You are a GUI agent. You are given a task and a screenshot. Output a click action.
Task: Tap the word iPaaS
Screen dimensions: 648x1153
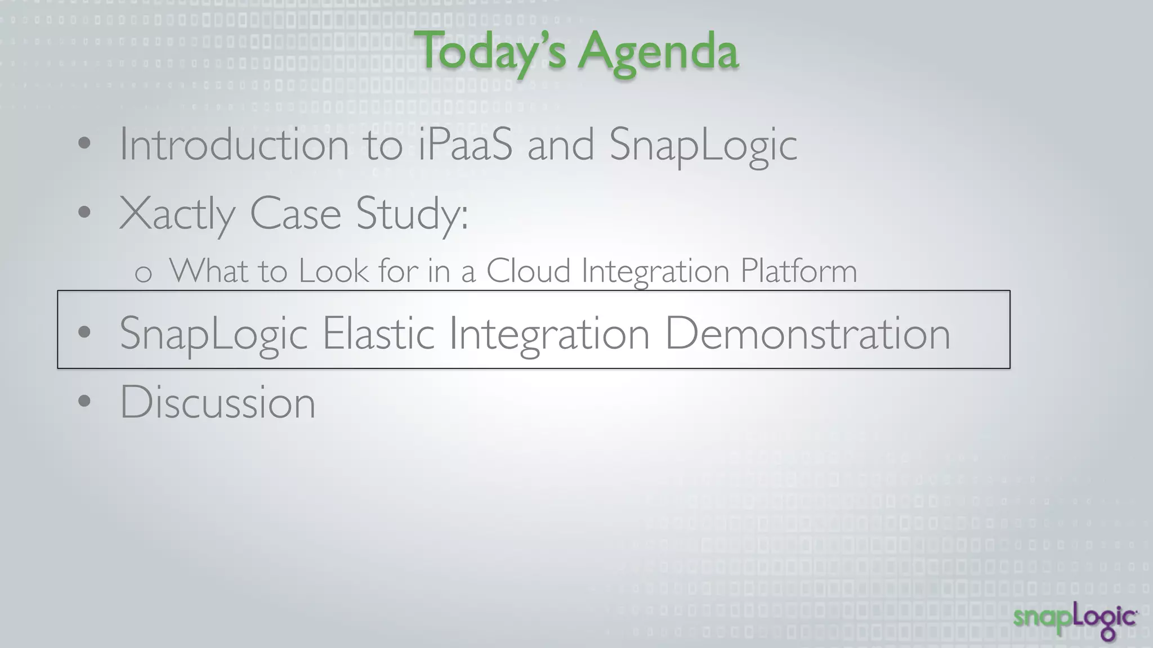click(465, 145)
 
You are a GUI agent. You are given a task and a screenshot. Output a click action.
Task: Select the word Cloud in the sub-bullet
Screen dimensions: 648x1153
click(528, 271)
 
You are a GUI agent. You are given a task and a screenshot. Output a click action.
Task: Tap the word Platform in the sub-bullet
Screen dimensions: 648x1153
click(798, 271)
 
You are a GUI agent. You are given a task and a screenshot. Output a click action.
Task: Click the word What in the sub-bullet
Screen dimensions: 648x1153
click(208, 271)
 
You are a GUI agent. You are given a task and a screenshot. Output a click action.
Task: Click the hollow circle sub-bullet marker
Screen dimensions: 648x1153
click(144, 274)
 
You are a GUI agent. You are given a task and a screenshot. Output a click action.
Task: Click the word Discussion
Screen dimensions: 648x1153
click(217, 403)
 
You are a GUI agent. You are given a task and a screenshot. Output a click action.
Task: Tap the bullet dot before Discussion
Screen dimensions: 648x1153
click(84, 401)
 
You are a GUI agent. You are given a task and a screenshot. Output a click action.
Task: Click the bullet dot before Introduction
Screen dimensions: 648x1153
click(84, 143)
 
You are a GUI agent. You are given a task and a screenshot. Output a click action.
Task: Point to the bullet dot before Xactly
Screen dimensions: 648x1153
click(84, 213)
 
